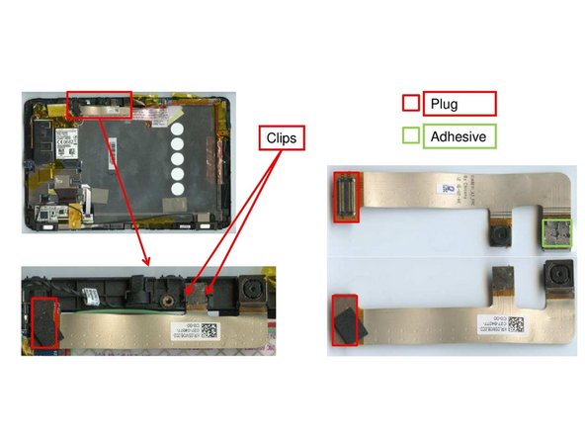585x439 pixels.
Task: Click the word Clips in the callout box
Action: point(282,137)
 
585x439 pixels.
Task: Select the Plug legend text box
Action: point(458,103)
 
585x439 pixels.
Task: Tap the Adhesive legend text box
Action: point(460,136)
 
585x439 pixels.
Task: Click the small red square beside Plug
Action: point(411,103)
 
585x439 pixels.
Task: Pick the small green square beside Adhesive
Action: point(411,136)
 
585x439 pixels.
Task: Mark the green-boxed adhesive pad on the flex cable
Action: point(556,234)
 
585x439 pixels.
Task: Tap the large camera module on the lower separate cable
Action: point(556,274)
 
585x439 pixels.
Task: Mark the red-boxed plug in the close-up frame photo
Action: point(45,322)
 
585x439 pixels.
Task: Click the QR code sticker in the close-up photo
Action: point(92,294)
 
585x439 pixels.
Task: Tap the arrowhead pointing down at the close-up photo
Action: point(148,262)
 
